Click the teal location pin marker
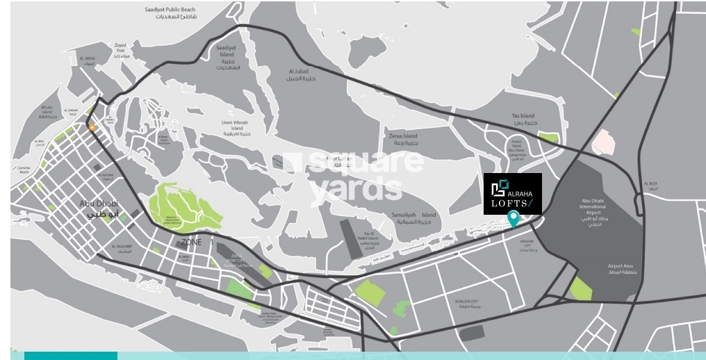tap(514, 218)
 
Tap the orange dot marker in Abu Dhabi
tap(92, 127)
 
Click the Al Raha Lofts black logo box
tap(512, 194)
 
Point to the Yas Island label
tap(523, 120)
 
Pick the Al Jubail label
tap(301, 74)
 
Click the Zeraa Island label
tap(403, 139)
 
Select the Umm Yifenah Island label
tap(237, 128)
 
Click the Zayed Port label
tap(120, 51)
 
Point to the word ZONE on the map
tap(191, 243)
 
